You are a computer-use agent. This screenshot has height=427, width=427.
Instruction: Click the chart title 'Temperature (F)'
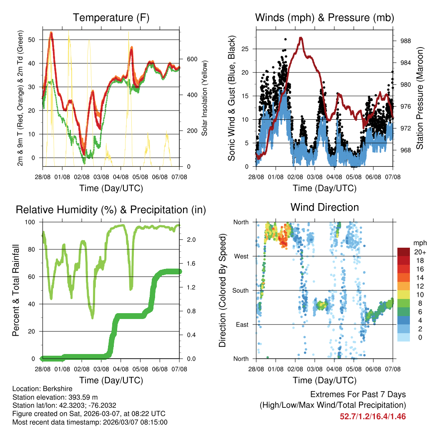click(111, 18)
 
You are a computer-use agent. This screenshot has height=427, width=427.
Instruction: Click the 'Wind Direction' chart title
click(324, 207)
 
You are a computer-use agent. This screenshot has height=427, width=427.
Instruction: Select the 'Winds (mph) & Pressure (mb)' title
click(324, 18)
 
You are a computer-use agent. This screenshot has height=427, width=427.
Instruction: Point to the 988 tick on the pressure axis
click(403, 41)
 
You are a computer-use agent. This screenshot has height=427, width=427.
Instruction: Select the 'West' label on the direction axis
click(241, 256)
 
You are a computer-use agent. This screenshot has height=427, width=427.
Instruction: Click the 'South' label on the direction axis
click(240, 290)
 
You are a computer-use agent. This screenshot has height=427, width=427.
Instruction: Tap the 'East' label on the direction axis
click(242, 324)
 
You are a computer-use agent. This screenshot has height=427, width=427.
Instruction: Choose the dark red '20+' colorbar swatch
click(404, 252)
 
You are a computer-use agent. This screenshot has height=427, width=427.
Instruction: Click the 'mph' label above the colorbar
click(419, 243)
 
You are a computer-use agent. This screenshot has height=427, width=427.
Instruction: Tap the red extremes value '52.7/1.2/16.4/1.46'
click(373, 416)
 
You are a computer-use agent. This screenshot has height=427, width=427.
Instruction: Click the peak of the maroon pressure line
click(301, 38)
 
